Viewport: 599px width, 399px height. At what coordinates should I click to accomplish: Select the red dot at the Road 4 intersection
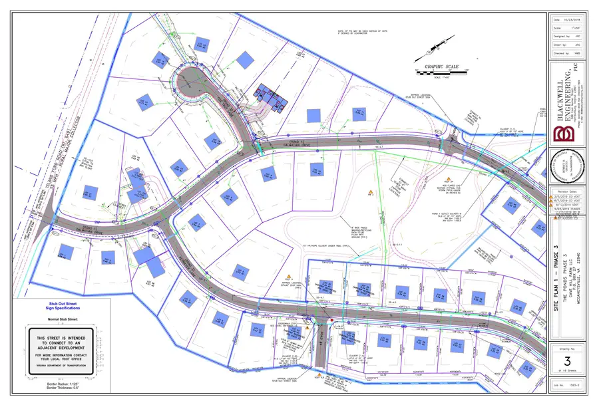coord(331,321)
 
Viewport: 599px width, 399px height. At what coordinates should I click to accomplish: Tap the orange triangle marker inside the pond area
coord(369,192)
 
